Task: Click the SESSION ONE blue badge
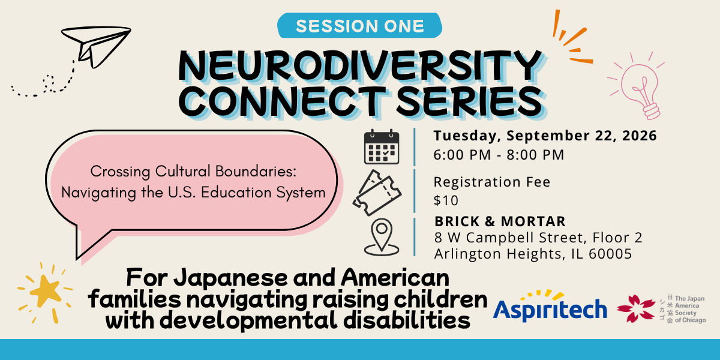(359, 25)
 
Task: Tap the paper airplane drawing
(97, 47)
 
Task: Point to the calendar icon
(382, 147)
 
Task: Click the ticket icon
(377, 193)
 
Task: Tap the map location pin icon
(382, 237)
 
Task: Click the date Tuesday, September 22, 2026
(545, 136)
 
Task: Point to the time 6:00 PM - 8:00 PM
(499, 155)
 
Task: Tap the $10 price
(446, 200)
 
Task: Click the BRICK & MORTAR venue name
(500, 221)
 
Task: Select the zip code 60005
(610, 254)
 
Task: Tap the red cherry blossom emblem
(636, 308)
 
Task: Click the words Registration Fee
(492, 182)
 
